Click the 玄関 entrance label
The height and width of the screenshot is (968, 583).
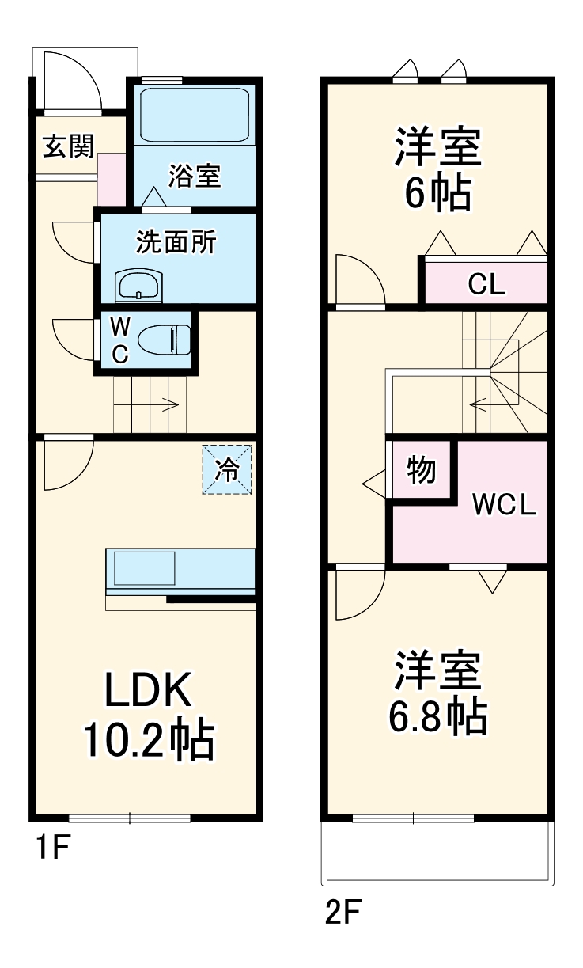click(x=68, y=146)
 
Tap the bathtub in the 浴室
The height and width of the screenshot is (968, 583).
click(x=195, y=114)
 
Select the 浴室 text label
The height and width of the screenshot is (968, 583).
click(x=194, y=176)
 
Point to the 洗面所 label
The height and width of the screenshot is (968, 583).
click(x=176, y=242)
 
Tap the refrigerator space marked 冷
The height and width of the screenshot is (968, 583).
click(x=227, y=470)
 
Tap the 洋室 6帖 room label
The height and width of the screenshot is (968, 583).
click(x=437, y=170)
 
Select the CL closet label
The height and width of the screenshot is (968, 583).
click(x=486, y=283)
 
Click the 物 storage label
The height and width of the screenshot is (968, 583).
click(x=422, y=470)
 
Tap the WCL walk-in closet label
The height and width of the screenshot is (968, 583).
click(x=504, y=504)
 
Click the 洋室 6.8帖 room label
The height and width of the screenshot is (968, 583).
click(x=437, y=692)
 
